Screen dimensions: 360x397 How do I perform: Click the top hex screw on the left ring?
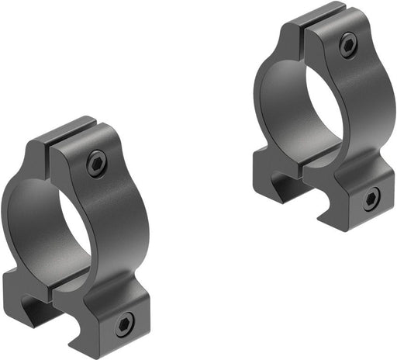pyautogui.click(x=96, y=164)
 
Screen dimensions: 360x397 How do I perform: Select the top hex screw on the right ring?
pyautogui.click(x=348, y=45)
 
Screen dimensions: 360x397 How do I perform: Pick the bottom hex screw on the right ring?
pyautogui.click(x=371, y=198)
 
